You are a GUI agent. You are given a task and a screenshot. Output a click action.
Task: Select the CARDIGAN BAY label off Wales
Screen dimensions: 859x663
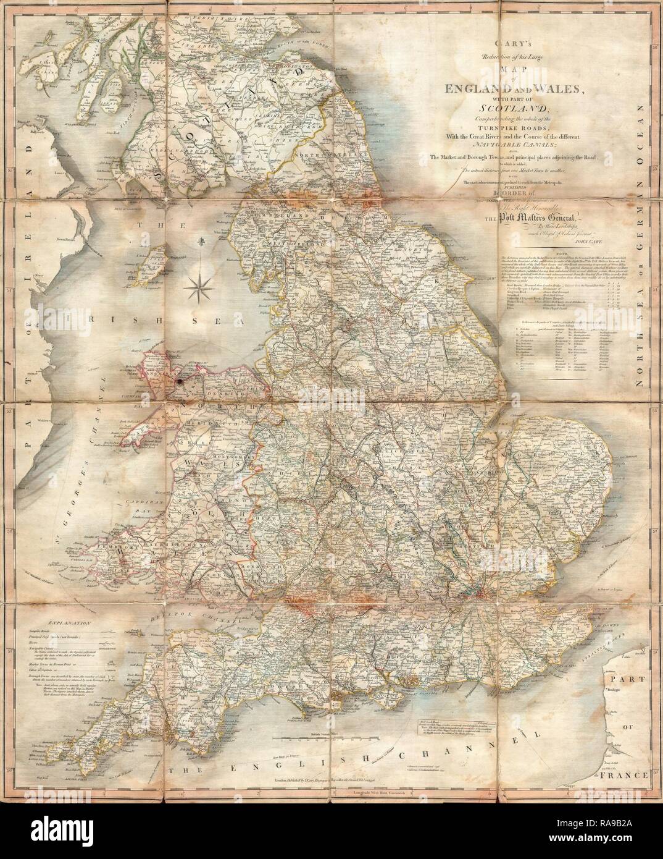[130, 513]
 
